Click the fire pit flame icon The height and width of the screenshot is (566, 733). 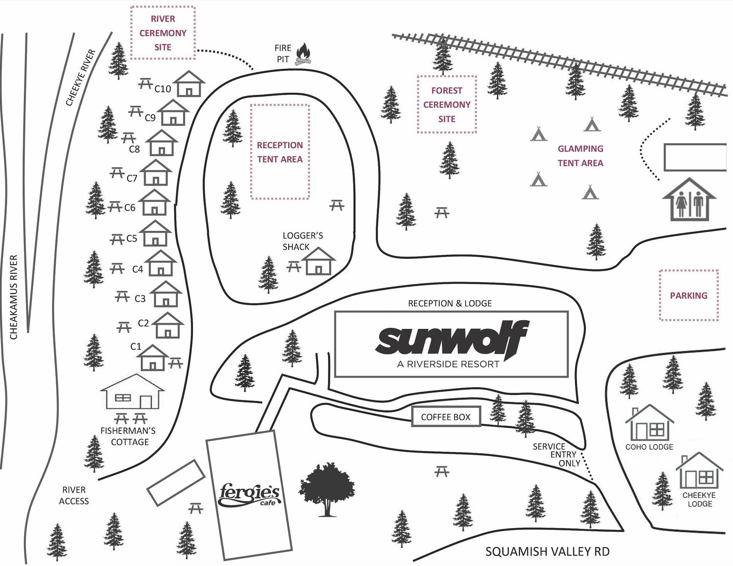point(303,54)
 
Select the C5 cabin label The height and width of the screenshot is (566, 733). point(131,239)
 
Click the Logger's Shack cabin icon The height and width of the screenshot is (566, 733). point(318,261)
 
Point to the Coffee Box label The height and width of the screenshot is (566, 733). point(446,417)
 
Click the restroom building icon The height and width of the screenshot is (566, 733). point(689,199)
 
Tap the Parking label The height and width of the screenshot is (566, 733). point(689,295)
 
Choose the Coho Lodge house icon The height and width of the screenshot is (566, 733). point(649,423)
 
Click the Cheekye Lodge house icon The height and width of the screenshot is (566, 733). point(699,470)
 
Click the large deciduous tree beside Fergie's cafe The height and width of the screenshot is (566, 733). point(326,490)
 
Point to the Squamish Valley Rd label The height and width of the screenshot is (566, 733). point(547,551)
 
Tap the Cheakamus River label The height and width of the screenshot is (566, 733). point(14,297)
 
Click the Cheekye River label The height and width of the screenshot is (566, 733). point(81,78)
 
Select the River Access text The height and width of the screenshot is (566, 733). point(74,496)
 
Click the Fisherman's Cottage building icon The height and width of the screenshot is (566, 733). point(132,391)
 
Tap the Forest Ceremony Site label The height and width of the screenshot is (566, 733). point(447,105)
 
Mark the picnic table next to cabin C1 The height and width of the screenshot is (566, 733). point(175,363)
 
